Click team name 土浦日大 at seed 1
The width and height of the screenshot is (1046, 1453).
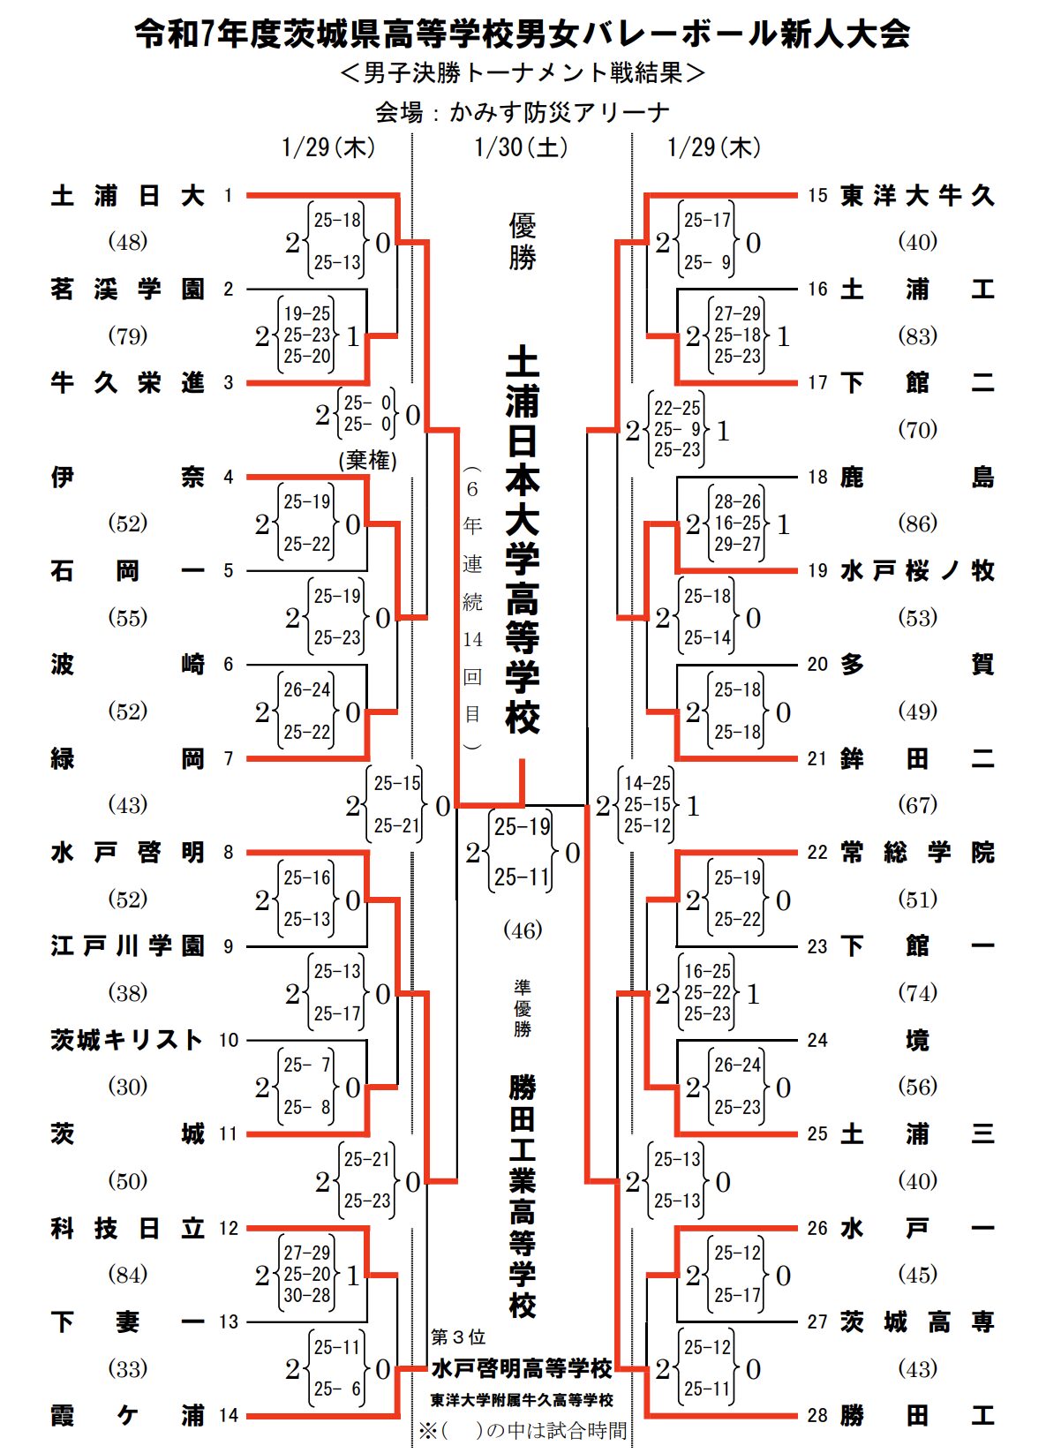[x=127, y=195]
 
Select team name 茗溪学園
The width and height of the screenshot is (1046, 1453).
[x=127, y=289]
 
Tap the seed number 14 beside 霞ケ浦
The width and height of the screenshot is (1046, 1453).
[x=229, y=1415]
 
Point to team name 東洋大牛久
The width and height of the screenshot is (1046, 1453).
[x=917, y=195]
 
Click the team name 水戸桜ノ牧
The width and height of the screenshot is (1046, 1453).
[x=917, y=570]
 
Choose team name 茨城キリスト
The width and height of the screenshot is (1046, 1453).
[x=127, y=1040]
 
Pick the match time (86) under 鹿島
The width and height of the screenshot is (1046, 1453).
[x=917, y=523]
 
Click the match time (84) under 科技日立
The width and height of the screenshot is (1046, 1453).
[x=127, y=1274]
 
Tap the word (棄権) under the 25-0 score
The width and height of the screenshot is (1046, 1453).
[x=367, y=460]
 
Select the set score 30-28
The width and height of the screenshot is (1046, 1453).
[x=306, y=1295]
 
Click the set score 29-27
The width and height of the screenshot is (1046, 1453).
[x=737, y=544]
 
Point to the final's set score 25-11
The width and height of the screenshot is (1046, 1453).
[x=522, y=877]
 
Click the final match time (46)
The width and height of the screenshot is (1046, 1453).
[x=523, y=930]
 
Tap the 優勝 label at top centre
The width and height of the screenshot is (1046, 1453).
[x=523, y=241]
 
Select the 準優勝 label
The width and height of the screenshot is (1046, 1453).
[x=523, y=1007]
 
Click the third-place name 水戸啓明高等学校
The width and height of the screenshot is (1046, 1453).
[x=522, y=1367]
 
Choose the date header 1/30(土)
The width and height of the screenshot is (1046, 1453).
[x=521, y=147]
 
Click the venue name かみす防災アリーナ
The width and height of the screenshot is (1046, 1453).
[x=560, y=112]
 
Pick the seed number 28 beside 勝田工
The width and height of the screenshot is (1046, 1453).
[x=817, y=1415]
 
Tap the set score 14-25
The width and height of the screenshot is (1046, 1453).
[x=647, y=783]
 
